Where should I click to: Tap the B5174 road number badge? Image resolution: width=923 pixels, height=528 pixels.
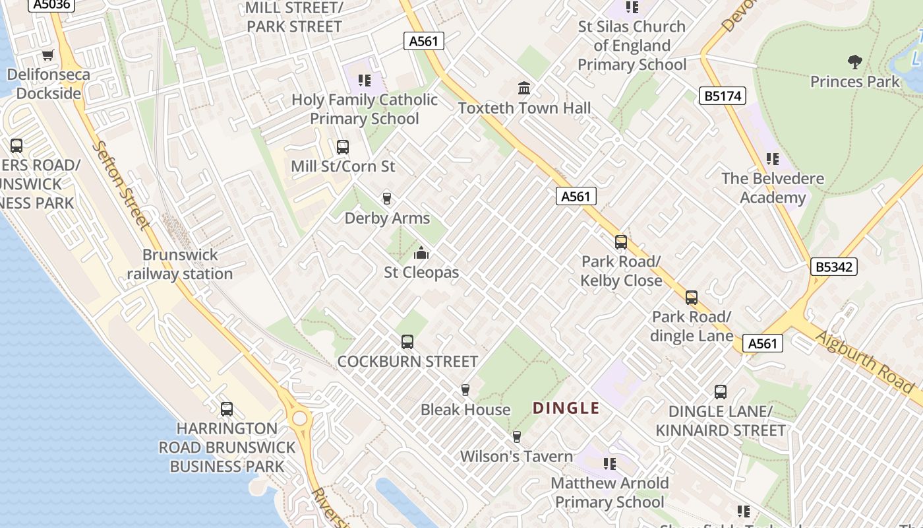[723, 96]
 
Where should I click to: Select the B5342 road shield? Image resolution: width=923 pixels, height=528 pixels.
[835, 267]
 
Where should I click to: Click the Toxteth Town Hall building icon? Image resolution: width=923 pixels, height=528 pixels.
[524, 88]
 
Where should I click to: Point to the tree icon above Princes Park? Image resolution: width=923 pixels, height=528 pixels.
[854, 62]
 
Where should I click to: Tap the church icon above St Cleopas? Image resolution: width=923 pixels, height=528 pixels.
[421, 253]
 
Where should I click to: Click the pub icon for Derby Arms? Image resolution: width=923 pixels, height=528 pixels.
[387, 198]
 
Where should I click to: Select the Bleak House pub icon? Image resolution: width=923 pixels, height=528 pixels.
[465, 389]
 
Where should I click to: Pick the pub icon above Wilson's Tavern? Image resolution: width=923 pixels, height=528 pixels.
[517, 436]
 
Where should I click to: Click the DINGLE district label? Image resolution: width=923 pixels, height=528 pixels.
[566, 408]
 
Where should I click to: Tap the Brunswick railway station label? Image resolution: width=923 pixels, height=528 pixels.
[180, 264]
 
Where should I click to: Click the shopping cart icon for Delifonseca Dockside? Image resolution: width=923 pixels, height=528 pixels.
[47, 55]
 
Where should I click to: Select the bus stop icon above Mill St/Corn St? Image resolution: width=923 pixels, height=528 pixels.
[342, 147]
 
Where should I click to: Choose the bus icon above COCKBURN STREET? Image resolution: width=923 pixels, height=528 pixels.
[407, 341]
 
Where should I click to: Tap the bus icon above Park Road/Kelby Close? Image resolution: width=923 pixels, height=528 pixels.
[620, 242]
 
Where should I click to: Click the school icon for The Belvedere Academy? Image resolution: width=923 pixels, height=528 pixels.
[772, 159]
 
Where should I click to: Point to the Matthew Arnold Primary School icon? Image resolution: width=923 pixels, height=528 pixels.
[610, 463]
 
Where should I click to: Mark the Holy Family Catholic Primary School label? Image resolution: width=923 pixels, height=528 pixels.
[365, 109]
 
